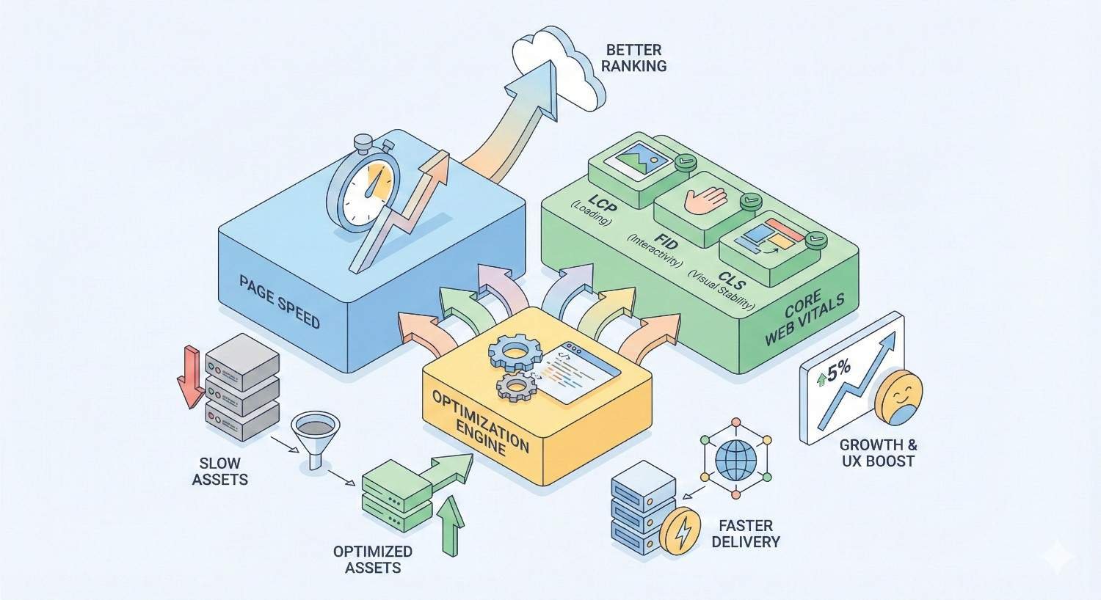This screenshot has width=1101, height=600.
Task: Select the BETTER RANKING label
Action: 636,58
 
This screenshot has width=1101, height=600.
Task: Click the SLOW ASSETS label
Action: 219,472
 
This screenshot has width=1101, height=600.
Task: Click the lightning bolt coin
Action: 680,530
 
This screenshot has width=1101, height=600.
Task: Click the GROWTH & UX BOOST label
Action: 878,453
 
